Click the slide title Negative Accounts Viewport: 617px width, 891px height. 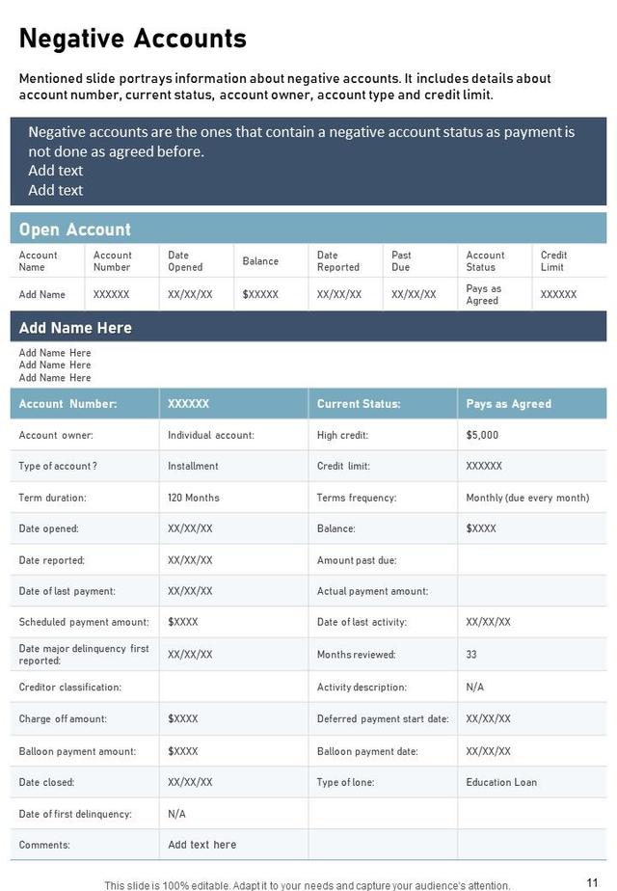(133, 39)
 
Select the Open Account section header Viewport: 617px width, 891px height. (75, 229)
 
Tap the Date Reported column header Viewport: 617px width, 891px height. (338, 261)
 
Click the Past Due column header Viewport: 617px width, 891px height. (401, 261)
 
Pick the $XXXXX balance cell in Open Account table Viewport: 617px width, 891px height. (260, 295)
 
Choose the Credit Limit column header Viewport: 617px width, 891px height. (553, 261)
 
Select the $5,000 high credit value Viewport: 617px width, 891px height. (482, 435)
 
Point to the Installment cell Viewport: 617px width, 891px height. (193, 466)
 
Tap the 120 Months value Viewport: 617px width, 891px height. (194, 498)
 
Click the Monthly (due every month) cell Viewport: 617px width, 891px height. (527, 498)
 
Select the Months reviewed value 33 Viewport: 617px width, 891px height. (471, 655)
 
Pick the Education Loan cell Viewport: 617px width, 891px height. (501, 782)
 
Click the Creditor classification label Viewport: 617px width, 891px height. (70, 688)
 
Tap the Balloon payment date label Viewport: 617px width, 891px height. (367, 751)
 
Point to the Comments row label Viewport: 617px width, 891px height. (44, 845)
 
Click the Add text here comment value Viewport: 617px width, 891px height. (201, 845)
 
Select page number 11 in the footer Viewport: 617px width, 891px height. (592, 882)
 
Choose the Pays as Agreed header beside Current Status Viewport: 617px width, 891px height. (508, 404)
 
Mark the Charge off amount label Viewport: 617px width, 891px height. (63, 719)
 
